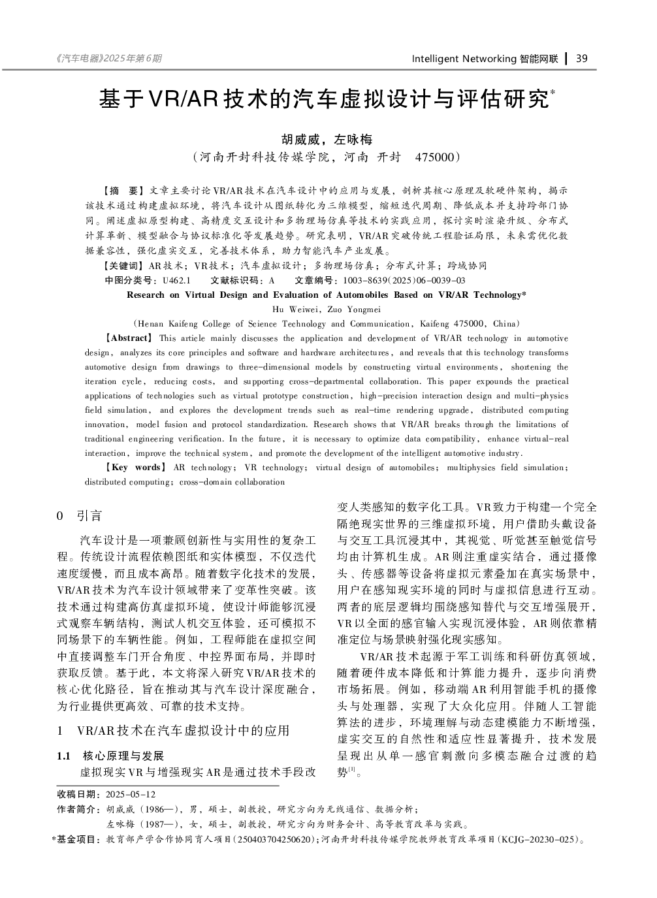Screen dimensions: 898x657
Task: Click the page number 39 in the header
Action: [582, 59]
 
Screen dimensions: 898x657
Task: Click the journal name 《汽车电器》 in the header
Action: [78, 59]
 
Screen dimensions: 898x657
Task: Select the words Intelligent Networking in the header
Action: [464, 59]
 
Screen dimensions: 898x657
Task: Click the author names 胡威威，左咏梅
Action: [327, 139]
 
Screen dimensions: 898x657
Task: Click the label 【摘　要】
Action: [121, 191]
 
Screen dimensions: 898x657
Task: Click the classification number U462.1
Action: [176, 280]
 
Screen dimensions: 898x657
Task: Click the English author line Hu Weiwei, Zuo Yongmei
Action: [326, 309]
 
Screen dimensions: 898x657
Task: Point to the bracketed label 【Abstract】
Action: [129, 338]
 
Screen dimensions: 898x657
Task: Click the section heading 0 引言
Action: [80, 516]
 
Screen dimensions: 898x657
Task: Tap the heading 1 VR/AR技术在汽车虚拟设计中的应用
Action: [174, 730]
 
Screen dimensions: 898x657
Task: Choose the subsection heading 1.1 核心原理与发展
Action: [111, 756]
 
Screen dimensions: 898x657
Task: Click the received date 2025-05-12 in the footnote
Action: [131, 794]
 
